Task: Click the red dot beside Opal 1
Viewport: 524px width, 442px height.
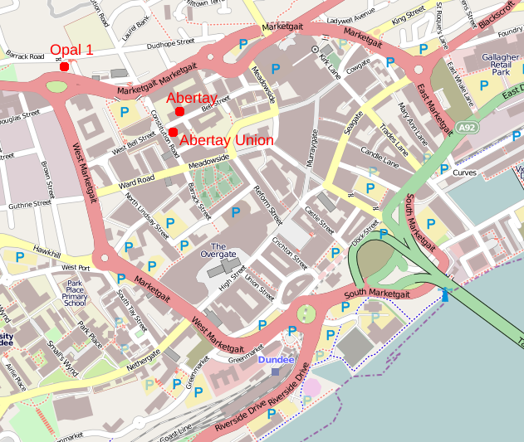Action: (65, 66)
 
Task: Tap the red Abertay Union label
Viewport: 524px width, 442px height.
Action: (226, 141)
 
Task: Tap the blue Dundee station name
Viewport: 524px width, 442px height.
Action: (275, 360)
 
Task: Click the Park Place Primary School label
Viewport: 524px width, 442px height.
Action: (75, 293)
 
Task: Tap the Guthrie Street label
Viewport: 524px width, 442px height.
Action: (30, 205)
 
